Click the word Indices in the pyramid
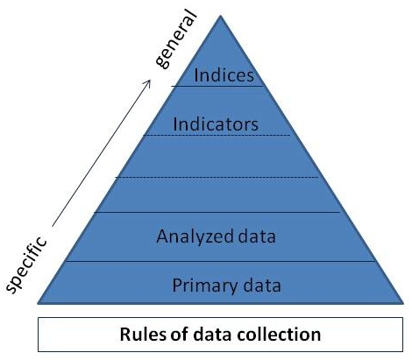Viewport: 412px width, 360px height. click(x=224, y=75)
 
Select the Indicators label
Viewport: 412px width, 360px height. click(x=216, y=124)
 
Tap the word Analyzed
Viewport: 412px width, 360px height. click(x=195, y=237)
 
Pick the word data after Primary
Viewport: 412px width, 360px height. click(x=262, y=286)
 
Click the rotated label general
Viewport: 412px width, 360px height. click(x=174, y=39)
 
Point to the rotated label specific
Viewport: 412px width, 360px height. click(x=26, y=265)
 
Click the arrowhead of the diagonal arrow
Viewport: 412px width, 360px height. click(x=148, y=82)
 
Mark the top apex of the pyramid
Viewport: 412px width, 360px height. click(x=221, y=15)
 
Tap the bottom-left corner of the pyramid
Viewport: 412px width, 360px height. click(x=38, y=304)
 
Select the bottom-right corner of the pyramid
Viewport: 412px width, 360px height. click(x=403, y=304)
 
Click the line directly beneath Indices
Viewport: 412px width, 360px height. click(x=217, y=86)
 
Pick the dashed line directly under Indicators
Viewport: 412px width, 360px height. click(x=217, y=135)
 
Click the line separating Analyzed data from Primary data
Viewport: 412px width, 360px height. click(x=221, y=261)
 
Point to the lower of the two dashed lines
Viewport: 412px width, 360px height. click(x=217, y=177)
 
